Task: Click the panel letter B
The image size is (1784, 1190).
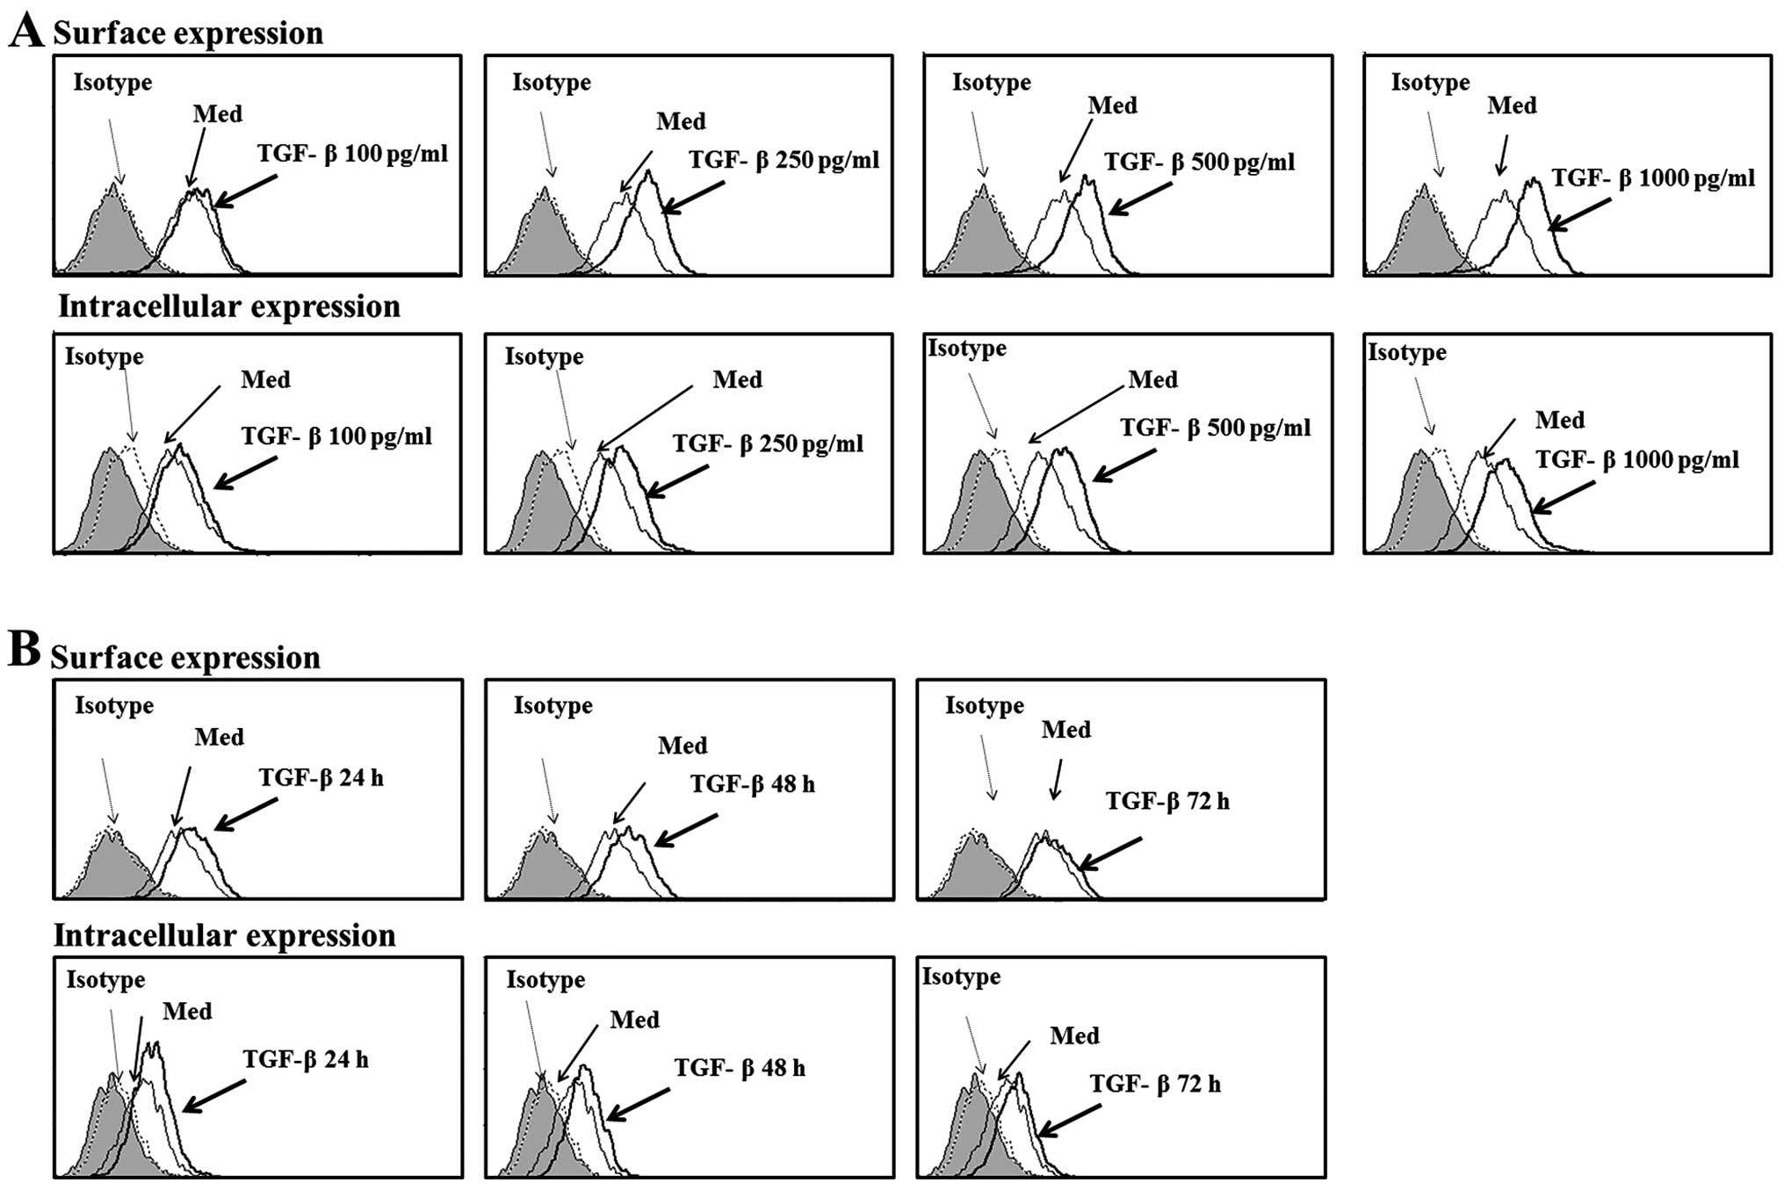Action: tap(24, 651)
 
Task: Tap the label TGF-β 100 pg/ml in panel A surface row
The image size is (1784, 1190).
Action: tap(352, 154)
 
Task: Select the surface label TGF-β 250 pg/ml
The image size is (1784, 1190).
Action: tap(784, 160)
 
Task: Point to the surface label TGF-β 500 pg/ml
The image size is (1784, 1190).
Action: tap(1199, 162)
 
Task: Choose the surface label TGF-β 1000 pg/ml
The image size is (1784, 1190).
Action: tap(1653, 178)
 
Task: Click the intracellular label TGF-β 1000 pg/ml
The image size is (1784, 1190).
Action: tap(1637, 459)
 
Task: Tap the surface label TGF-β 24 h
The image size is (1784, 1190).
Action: tap(321, 778)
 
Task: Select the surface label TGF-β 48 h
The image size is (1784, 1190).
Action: tap(752, 783)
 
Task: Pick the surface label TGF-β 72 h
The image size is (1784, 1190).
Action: tap(1167, 801)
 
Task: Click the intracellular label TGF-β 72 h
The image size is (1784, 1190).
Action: tap(1155, 1084)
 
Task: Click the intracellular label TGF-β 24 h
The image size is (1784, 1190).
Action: tap(306, 1060)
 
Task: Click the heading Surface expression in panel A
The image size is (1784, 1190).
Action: tap(188, 33)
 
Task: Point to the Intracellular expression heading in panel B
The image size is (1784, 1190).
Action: tap(225, 935)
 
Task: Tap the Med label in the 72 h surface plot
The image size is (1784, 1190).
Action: tap(1065, 730)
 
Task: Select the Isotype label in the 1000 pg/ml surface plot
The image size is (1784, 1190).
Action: tap(1430, 83)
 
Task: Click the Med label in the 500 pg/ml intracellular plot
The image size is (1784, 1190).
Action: tap(1152, 380)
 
